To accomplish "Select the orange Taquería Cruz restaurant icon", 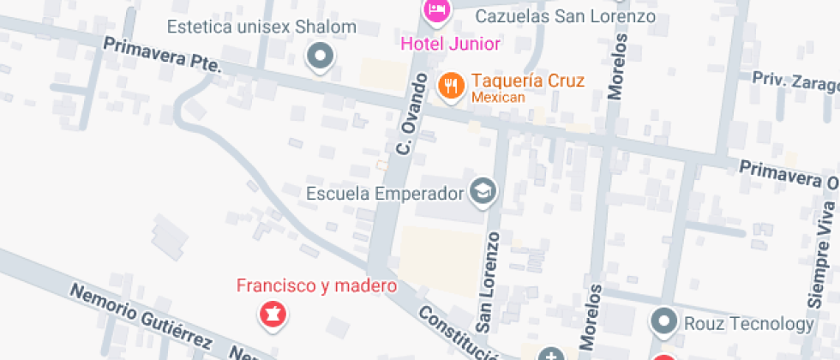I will tap(449, 85).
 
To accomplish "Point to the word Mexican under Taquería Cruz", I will tap(497, 98).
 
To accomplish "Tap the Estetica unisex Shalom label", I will tap(261, 27).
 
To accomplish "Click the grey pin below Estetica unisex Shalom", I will tap(321, 57).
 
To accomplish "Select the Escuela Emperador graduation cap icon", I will tap(483, 191).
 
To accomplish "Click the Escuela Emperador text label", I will tap(384, 192).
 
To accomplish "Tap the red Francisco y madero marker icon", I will tap(273, 315).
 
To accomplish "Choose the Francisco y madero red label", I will tap(316, 285).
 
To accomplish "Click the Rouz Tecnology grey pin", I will tap(664, 323).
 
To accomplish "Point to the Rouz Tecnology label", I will tap(748, 323).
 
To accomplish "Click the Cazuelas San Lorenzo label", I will tap(565, 16).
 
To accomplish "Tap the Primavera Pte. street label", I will tap(162, 54).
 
